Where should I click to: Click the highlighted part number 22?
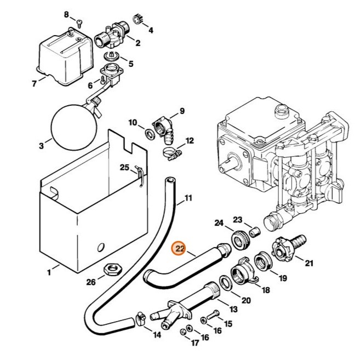click(x=179, y=249)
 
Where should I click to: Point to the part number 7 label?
click(x=35, y=84)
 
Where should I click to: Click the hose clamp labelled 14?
click(x=139, y=316)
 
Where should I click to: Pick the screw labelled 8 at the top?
click(x=78, y=22)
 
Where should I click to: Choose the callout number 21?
click(x=309, y=263)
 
